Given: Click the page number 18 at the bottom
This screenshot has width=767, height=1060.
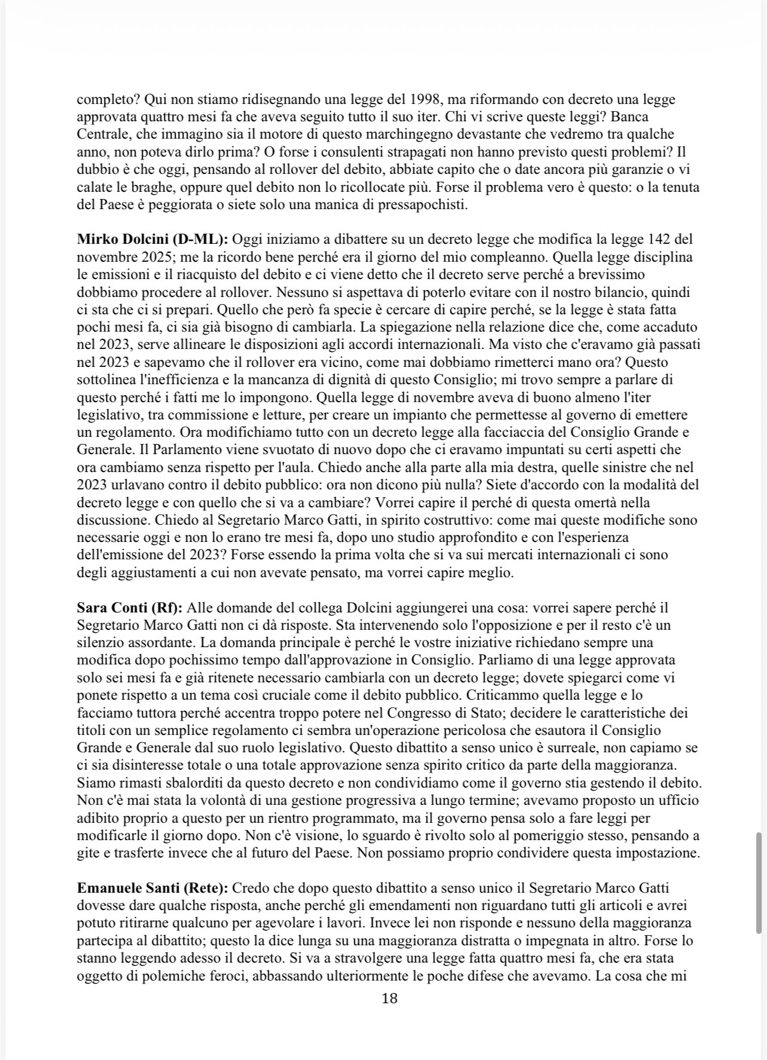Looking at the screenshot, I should [x=389, y=998].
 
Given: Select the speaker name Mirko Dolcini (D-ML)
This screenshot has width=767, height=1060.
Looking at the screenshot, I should [x=152, y=240].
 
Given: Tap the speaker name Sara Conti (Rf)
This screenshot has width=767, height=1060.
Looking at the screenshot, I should [x=131, y=608].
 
